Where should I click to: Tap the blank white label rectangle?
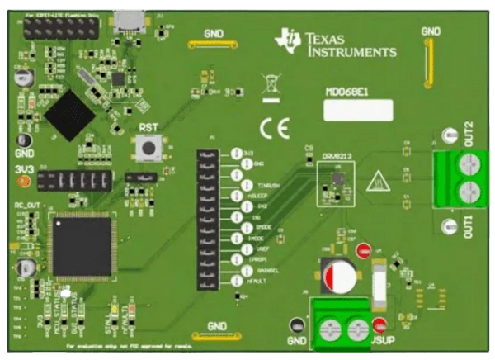[357, 110]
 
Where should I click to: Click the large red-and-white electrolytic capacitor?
[340, 276]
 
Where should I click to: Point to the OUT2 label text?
[469, 132]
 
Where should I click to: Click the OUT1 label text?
[469, 225]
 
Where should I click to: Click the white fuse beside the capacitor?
[379, 281]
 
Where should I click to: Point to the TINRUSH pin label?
[268, 186]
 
